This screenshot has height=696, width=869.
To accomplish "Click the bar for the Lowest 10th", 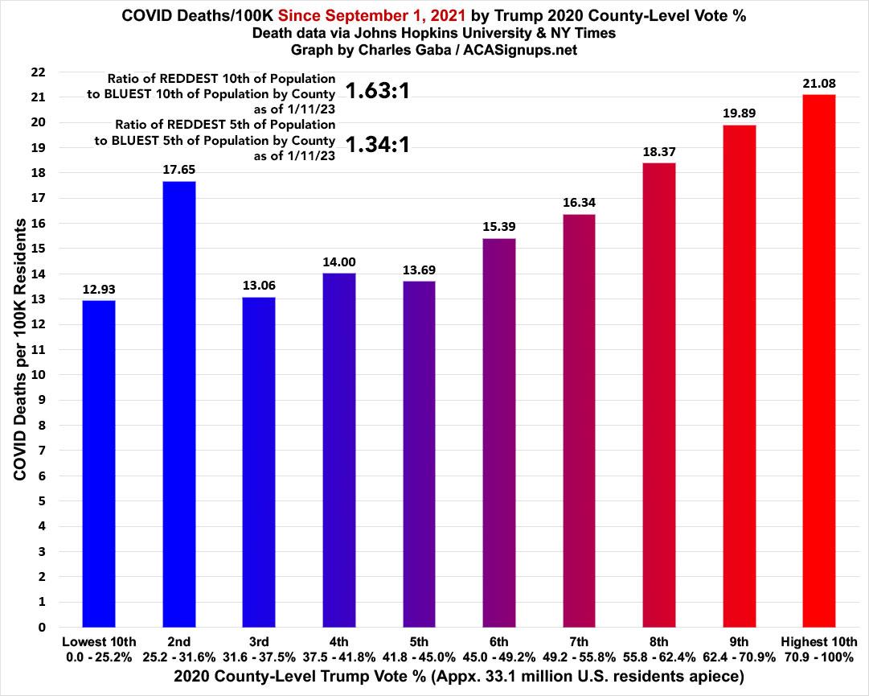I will (99, 463).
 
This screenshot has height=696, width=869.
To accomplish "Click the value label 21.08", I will (819, 82).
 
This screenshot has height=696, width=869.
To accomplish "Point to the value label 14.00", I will (339, 261).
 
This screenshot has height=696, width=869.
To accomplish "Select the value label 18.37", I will (659, 150).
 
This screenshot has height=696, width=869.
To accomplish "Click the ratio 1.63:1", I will (378, 91).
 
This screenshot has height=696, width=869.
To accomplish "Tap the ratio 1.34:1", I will (378, 145).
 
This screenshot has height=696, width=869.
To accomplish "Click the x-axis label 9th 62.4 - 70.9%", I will (739, 649).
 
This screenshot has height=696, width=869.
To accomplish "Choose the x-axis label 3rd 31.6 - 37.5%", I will (259, 649).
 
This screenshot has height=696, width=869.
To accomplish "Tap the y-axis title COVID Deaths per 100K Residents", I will (21, 348).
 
